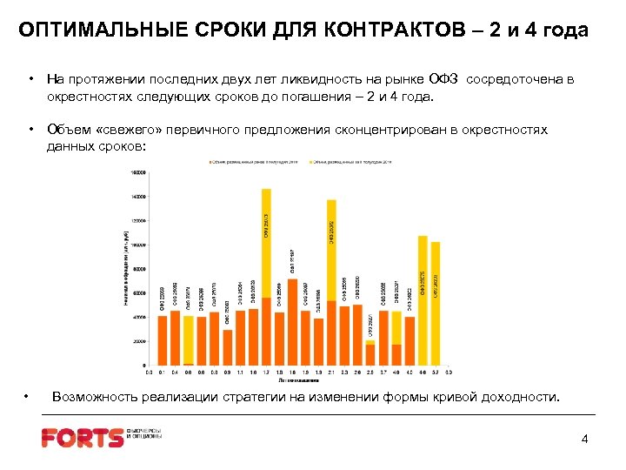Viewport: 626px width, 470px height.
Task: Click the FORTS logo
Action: tap(83, 437)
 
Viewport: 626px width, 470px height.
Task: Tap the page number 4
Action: tap(584, 439)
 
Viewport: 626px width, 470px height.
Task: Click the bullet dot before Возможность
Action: tap(28, 397)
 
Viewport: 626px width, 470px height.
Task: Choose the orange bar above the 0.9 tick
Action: tap(228, 346)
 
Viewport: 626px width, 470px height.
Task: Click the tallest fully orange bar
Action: tap(292, 322)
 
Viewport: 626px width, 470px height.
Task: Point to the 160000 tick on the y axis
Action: tap(138, 172)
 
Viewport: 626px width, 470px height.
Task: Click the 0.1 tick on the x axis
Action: tap(163, 373)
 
